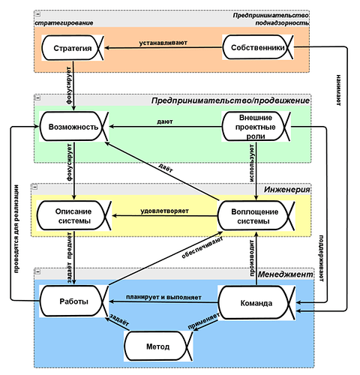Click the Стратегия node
coord(73,48)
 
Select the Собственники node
coord(258,47)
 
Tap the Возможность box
coord(74,127)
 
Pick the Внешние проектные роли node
coord(256,127)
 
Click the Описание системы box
coord(73,216)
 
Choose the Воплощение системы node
coord(256,216)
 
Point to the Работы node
coord(74,301)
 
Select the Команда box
coord(256,303)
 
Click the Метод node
coord(158,346)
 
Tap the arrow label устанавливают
coord(163,43)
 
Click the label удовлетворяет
coord(164,211)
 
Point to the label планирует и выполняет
coord(163,297)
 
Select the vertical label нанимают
coord(338,90)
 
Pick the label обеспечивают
coord(202,247)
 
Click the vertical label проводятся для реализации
coord(16,229)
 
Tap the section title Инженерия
coord(286,190)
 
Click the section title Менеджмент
coord(285,274)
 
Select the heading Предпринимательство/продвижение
coord(230,100)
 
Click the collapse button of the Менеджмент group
coord(38,271)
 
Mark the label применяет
coord(204,321)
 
